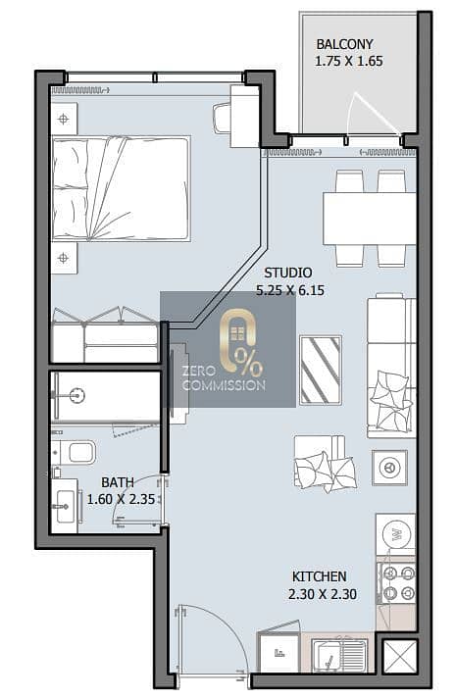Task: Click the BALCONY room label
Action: pos(344,44)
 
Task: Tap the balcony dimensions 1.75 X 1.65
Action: pos(349,61)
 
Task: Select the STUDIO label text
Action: pos(287,273)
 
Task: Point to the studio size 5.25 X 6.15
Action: pos(290,290)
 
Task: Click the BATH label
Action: pos(118,482)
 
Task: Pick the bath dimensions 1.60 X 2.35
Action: pos(121,499)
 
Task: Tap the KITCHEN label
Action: pos(320,576)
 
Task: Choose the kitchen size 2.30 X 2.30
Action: pos(322,594)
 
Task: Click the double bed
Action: pos(121,188)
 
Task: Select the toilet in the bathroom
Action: pos(76,452)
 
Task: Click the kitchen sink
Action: pos(340,656)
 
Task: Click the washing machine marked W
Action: pos(396,535)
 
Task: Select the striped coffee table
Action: pos(321,370)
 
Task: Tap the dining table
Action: pos(370,219)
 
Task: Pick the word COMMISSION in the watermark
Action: pos(224,385)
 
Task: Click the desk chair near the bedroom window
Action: pos(222,118)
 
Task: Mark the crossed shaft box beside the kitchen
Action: pos(400,656)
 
